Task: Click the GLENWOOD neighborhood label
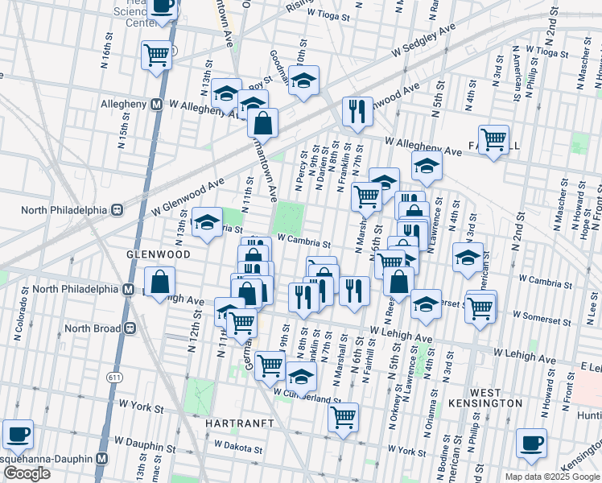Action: (x=158, y=254)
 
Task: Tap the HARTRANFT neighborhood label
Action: (x=240, y=423)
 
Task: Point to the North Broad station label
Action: (x=93, y=328)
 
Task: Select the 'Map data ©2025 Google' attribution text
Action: (x=552, y=477)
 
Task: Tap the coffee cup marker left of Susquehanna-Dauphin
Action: (x=18, y=435)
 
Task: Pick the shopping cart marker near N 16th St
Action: (x=157, y=55)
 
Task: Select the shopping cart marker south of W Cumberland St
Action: (x=344, y=417)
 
